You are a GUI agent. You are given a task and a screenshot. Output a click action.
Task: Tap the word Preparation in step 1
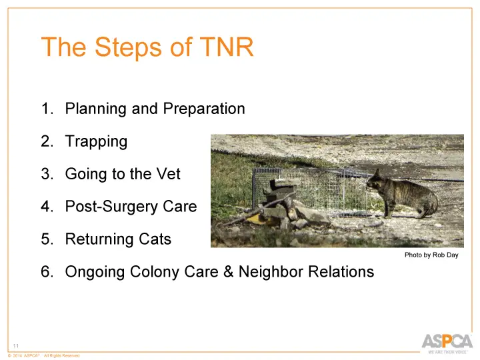[203, 109]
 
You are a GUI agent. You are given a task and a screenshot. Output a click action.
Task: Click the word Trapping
[95, 141]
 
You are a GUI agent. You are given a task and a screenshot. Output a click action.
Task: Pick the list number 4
[47, 207]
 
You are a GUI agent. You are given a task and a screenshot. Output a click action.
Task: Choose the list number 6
[47, 272]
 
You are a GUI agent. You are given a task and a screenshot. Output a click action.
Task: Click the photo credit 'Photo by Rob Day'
[431, 255]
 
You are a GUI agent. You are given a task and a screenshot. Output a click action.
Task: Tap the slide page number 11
[16, 345]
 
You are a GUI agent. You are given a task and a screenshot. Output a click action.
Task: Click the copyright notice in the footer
[43, 356]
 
